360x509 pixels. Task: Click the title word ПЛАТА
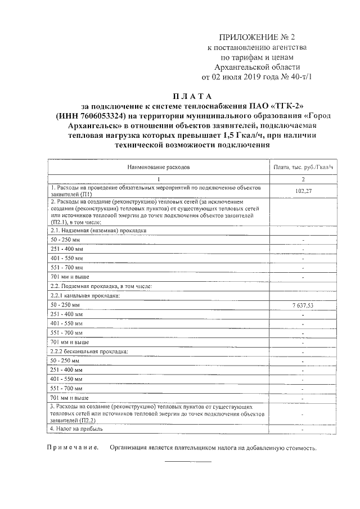192,96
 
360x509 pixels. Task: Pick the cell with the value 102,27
303,191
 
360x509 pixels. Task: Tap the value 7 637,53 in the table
303,304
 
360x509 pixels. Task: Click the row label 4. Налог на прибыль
76,429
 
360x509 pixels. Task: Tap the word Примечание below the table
71,448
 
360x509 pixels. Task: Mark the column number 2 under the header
303,179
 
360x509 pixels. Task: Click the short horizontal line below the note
187,461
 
